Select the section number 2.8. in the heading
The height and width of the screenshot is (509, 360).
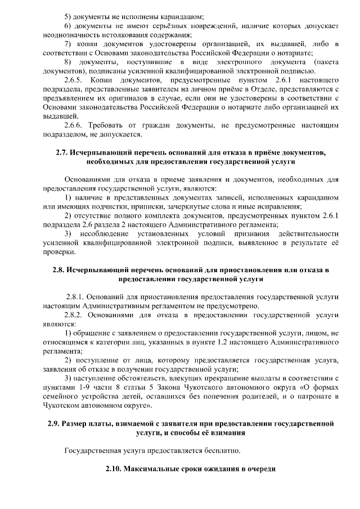60,270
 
